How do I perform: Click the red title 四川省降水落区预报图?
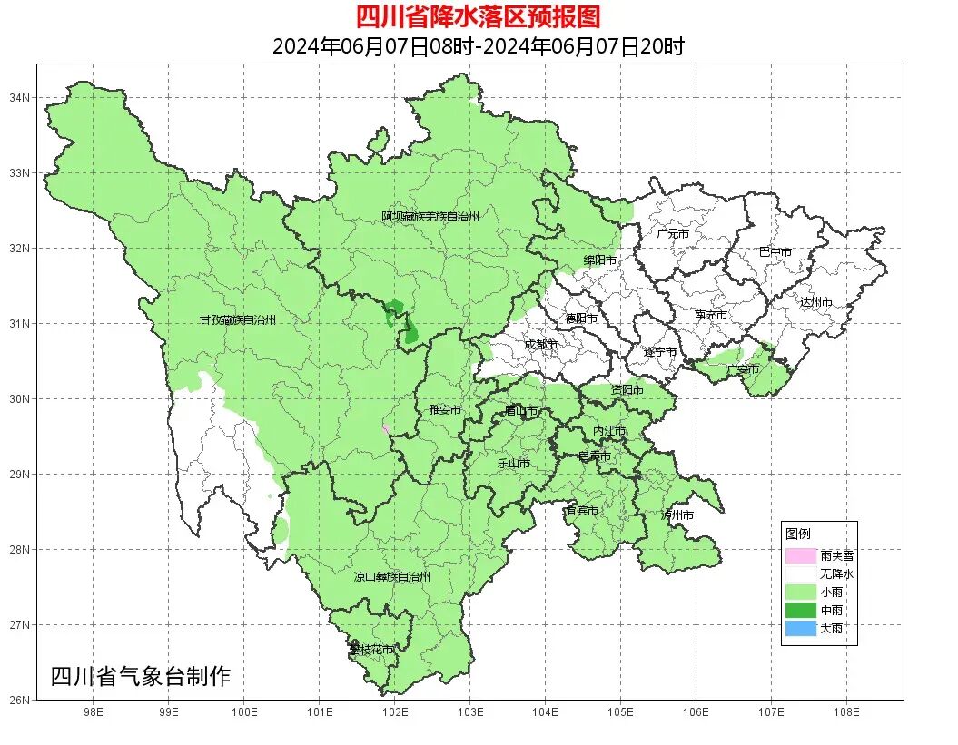tap(478, 16)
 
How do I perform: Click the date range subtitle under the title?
tap(478, 46)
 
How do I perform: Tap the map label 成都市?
tap(541, 345)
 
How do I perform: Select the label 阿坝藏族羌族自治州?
tap(430, 217)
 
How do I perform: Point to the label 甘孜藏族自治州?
tap(237, 320)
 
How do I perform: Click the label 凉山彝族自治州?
tap(391, 577)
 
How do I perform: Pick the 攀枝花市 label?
tap(371, 650)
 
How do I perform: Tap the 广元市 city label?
tap(673, 234)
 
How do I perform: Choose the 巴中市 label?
tap(775, 252)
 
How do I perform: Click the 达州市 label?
tap(816, 301)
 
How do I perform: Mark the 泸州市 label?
tap(677, 515)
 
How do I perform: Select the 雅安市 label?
tap(445, 410)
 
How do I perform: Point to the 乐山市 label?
tap(513, 464)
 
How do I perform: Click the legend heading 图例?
tap(797, 533)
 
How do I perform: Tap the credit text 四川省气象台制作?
tap(141, 677)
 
